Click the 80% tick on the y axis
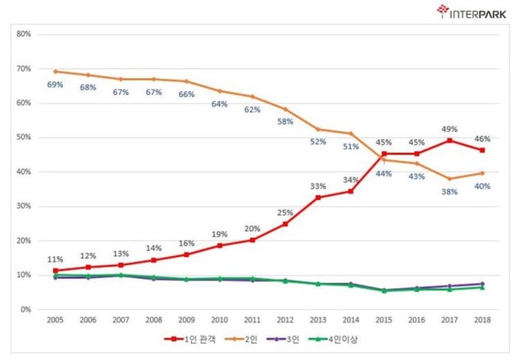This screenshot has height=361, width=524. [x=23, y=34]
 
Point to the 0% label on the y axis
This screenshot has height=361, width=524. [x=25, y=310]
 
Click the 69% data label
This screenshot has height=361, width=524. [x=55, y=85]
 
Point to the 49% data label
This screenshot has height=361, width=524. [x=449, y=128]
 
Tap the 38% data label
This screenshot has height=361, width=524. [x=449, y=192]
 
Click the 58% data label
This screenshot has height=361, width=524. [x=285, y=121]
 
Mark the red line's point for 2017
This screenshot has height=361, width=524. [x=449, y=140]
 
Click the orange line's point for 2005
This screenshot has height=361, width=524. [x=55, y=71]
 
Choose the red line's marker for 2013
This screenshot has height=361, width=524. [x=318, y=197]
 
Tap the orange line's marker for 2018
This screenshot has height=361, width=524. [x=482, y=173]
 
